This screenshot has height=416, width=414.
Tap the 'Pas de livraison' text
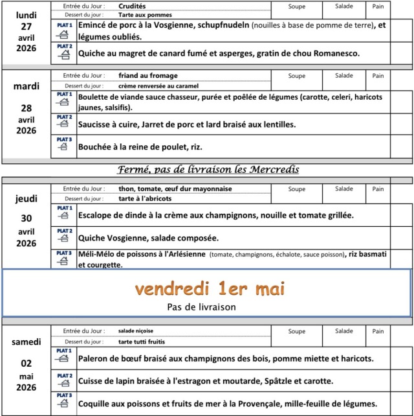pyautogui.click(x=201, y=306)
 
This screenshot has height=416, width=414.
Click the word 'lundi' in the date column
pyautogui.click(x=27, y=14)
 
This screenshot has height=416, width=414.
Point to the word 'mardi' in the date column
pyautogui.click(x=27, y=86)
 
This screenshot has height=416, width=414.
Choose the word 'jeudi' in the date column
pyautogui.click(x=27, y=199)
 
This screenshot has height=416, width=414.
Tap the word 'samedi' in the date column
pyautogui.click(x=27, y=341)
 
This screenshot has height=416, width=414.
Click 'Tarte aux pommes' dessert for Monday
pyautogui.click(x=144, y=14)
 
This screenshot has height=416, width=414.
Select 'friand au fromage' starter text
pyautogui.click(x=147, y=75)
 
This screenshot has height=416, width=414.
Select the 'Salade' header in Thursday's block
pyautogui.click(x=344, y=189)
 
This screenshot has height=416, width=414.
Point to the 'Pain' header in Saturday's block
pyautogui.click(x=378, y=330)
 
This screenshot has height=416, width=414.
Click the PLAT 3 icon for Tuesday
pyautogui.click(x=63, y=144)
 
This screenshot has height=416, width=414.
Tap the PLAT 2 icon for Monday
pyautogui.click(x=63, y=52)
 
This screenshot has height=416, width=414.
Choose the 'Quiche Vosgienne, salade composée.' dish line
pyautogui.click(x=148, y=238)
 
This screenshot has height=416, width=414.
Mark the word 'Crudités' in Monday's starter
pyautogui.click(x=133, y=5)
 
